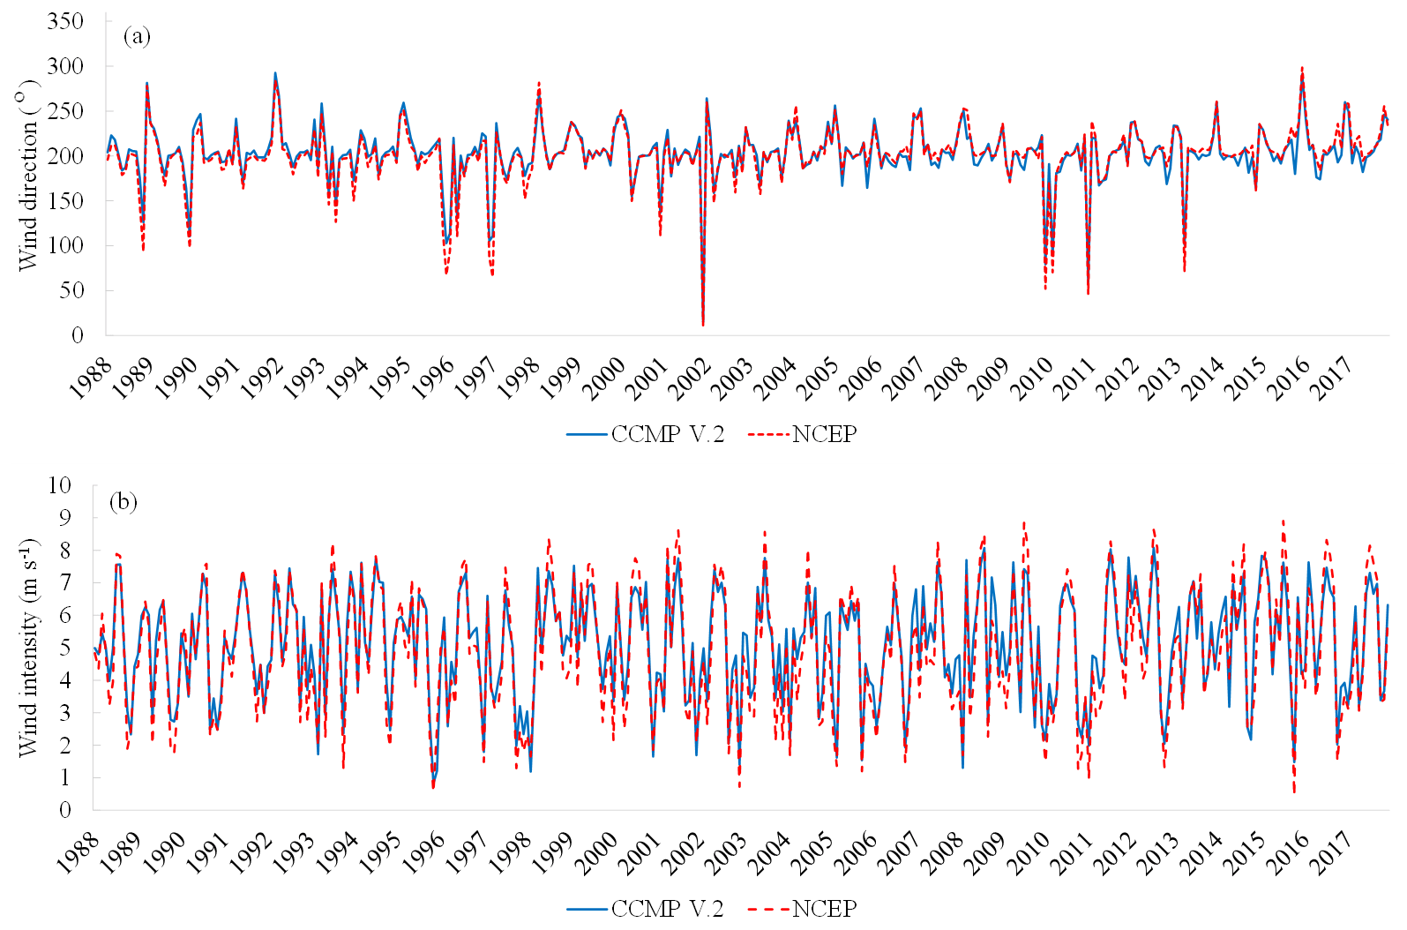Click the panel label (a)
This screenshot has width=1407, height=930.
coord(138,36)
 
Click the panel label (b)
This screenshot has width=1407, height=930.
coord(123,502)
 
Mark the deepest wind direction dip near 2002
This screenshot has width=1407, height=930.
coord(703,325)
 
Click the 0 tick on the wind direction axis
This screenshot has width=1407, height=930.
coord(78,335)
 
